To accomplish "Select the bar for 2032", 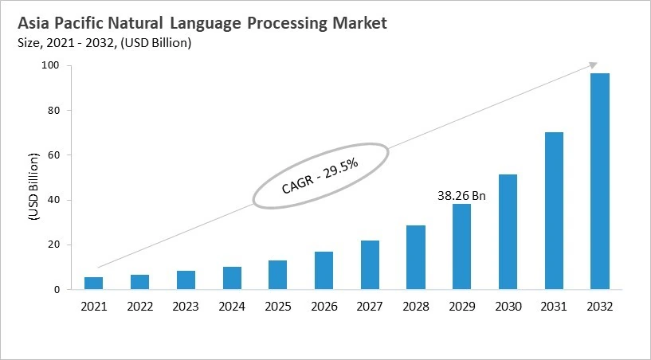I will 600,182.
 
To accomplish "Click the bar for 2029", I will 461,247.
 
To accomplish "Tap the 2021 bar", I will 93,283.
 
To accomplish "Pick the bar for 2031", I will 554,211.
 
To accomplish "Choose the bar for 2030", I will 508,232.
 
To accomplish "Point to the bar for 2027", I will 370,264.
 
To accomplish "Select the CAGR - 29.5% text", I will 320,177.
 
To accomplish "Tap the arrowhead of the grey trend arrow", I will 594,64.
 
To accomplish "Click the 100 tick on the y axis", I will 51,65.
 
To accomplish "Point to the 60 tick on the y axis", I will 53,155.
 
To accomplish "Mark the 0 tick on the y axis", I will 57,290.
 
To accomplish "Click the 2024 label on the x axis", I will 231,306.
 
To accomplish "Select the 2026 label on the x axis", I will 324,306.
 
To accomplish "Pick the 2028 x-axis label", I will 415,306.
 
